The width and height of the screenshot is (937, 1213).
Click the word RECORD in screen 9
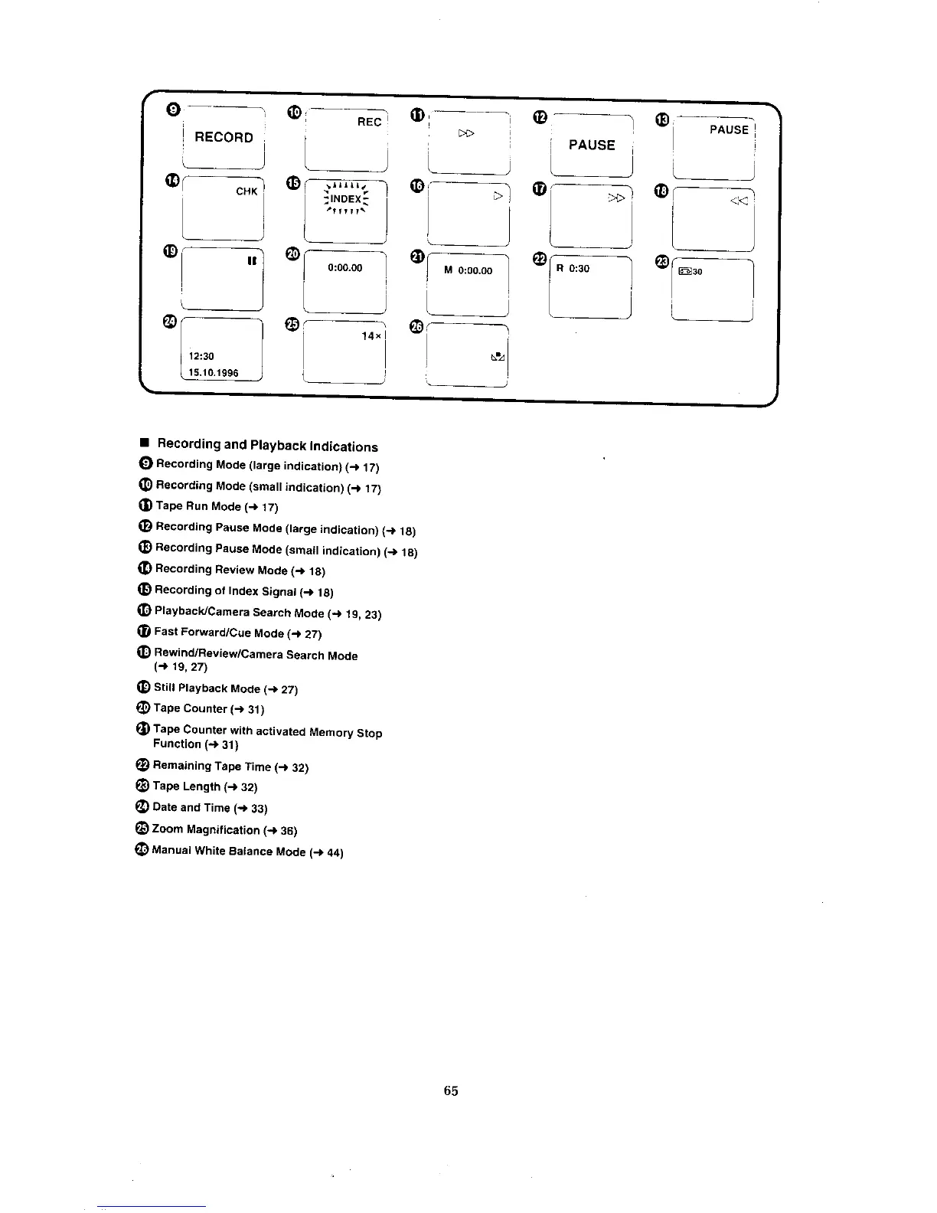224,137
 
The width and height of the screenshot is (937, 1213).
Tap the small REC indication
369,123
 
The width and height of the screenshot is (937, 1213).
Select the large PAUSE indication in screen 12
592,145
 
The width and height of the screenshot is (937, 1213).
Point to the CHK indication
246,191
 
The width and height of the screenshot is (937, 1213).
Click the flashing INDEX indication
345,200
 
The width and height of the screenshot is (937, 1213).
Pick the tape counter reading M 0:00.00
468,270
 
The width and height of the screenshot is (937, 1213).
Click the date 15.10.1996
214,373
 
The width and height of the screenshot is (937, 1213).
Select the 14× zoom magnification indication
371,336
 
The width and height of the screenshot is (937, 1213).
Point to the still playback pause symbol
251,261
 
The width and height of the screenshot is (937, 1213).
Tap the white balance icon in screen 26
498,357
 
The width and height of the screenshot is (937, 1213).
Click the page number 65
450,1090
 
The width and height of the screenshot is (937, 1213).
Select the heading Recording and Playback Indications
267,445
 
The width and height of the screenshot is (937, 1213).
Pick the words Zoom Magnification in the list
206,829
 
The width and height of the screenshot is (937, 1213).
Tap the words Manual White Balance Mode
229,851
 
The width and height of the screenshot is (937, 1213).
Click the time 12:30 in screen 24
201,356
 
